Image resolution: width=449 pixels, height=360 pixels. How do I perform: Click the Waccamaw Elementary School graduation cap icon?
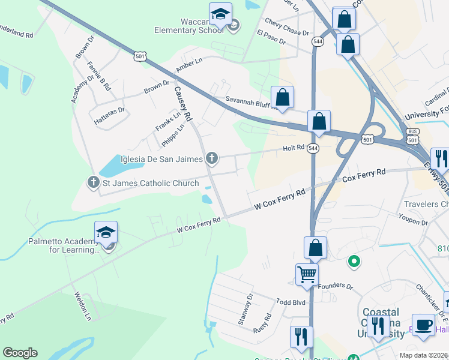[220, 13]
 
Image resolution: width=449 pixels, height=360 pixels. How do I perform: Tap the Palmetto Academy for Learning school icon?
[106, 232]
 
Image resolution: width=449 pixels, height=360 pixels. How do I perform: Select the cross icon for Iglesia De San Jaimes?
[211, 158]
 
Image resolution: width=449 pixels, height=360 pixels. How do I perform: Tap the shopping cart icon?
[307, 274]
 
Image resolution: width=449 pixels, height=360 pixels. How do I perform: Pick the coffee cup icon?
[424, 324]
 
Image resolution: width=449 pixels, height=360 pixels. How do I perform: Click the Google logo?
[20, 353]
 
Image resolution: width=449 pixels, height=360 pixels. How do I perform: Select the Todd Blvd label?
[291, 302]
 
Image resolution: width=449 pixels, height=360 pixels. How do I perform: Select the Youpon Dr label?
[415, 222]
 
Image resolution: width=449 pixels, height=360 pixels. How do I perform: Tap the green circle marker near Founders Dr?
[354, 261]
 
